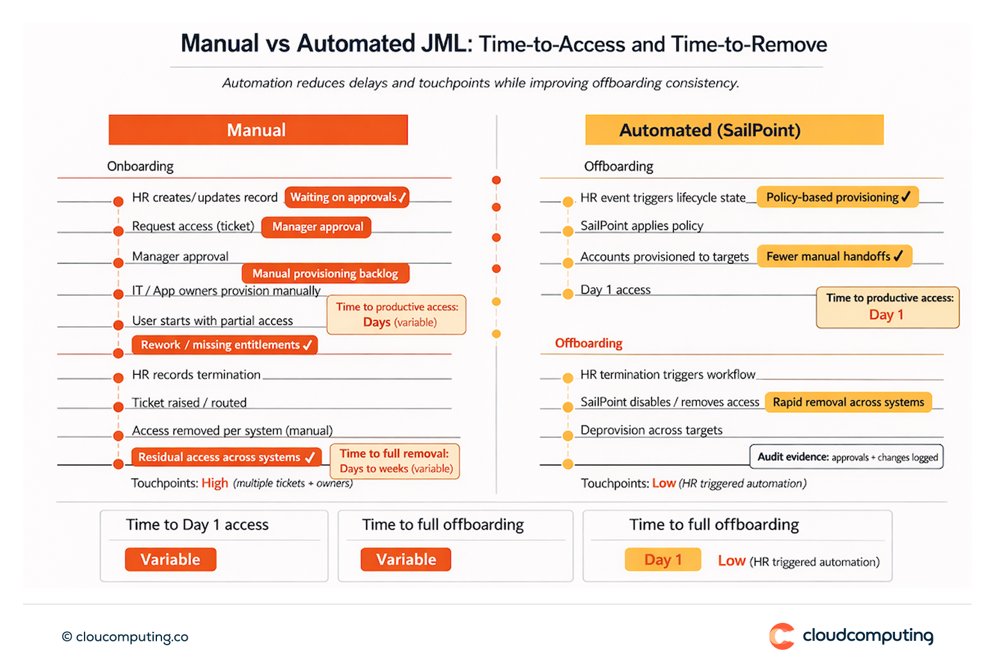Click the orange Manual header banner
tap(258, 130)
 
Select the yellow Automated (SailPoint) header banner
tap(734, 130)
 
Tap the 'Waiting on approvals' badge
tap(347, 197)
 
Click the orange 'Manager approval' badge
tap(317, 227)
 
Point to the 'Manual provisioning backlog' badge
tap(325, 274)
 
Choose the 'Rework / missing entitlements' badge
tap(224, 345)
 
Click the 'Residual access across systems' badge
tap(226, 457)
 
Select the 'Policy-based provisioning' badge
tap(837, 197)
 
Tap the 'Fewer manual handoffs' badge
tap(834, 256)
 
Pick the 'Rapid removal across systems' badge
tap(848, 402)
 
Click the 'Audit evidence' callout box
tap(846, 457)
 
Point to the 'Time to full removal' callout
tap(395, 461)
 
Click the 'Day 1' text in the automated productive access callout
tap(886, 315)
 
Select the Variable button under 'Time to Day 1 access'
tap(170, 559)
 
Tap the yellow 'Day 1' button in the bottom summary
tap(662, 559)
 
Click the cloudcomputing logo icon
tap(782, 636)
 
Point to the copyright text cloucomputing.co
tap(126, 636)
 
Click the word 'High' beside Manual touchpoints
tap(215, 483)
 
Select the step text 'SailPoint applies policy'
tap(641, 226)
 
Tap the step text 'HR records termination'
tap(196, 375)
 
